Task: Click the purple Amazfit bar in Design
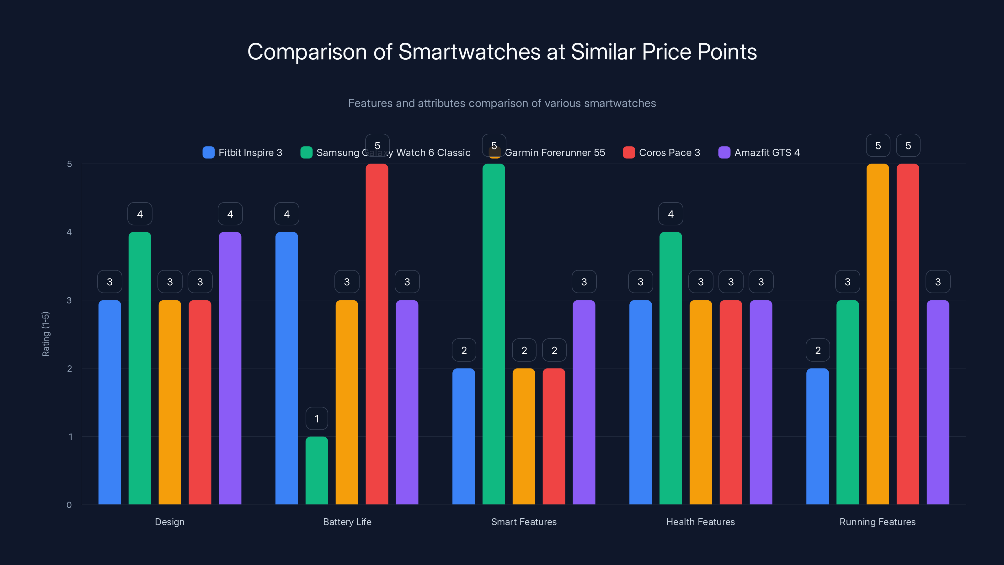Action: click(x=230, y=368)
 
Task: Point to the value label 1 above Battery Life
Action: click(x=317, y=418)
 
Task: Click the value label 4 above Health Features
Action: click(x=670, y=214)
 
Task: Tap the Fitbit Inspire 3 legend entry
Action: click(x=243, y=153)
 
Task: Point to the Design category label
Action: click(x=169, y=522)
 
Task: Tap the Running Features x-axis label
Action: click(x=877, y=522)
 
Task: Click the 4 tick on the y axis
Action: click(x=69, y=232)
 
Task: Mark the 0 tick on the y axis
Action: click(x=69, y=505)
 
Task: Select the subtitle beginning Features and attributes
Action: click(x=502, y=103)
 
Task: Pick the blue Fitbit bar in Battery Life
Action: click(x=286, y=368)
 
